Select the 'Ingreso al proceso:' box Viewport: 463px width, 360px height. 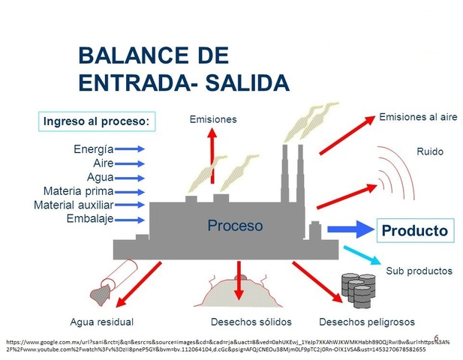click(96, 121)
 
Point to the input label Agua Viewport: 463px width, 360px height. click(99, 177)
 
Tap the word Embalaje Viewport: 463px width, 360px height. click(89, 218)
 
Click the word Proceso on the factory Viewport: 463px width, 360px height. click(235, 225)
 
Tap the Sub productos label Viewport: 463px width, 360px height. click(419, 271)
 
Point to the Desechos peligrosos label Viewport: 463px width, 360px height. click(366, 322)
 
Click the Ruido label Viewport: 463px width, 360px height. click(429, 151)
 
